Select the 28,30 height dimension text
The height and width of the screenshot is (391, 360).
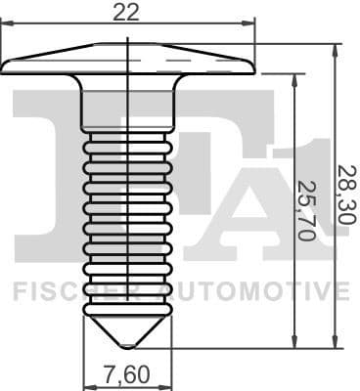coord(344,195)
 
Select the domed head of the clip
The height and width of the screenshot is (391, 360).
coord(127,58)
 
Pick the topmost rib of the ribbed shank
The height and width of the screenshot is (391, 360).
coord(127,144)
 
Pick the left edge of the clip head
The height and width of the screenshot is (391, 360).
coord(4,66)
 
